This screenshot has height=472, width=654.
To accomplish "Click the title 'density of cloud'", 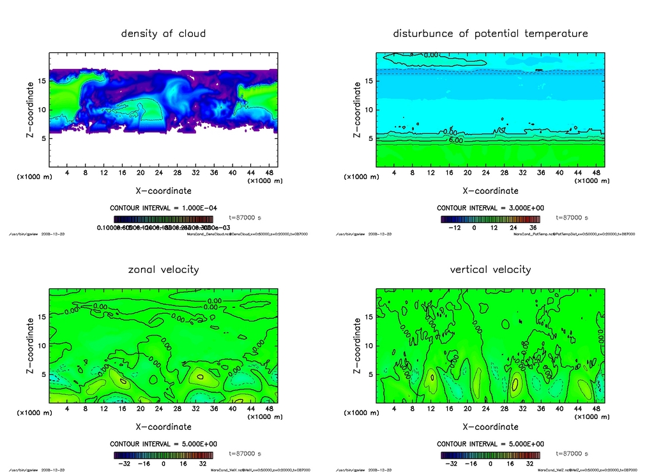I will (x=163, y=33).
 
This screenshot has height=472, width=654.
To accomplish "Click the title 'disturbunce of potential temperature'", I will (x=490, y=33).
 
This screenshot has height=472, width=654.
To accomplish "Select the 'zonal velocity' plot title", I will (x=163, y=269).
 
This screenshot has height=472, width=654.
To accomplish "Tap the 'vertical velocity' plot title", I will (x=490, y=269).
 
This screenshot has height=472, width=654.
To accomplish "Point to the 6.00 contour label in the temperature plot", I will (x=456, y=140).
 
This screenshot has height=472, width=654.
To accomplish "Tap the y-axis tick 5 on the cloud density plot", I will (x=42, y=138).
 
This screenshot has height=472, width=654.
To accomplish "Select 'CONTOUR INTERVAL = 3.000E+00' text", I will (x=490, y=208).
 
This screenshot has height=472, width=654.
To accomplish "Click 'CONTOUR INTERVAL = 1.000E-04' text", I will (x=163, y=208).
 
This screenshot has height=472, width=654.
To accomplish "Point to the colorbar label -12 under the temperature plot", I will (x=455, y=227).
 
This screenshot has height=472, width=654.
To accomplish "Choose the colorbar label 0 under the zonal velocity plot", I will (x=163, y=463).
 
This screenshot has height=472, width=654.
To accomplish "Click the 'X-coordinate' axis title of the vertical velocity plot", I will (x=490, y=427).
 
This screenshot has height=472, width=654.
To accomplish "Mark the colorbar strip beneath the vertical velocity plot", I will (x=490, y=455).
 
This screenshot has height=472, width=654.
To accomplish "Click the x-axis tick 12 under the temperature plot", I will (x=430, y=173).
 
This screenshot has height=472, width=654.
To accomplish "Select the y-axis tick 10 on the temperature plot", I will (x=368, y=110).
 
